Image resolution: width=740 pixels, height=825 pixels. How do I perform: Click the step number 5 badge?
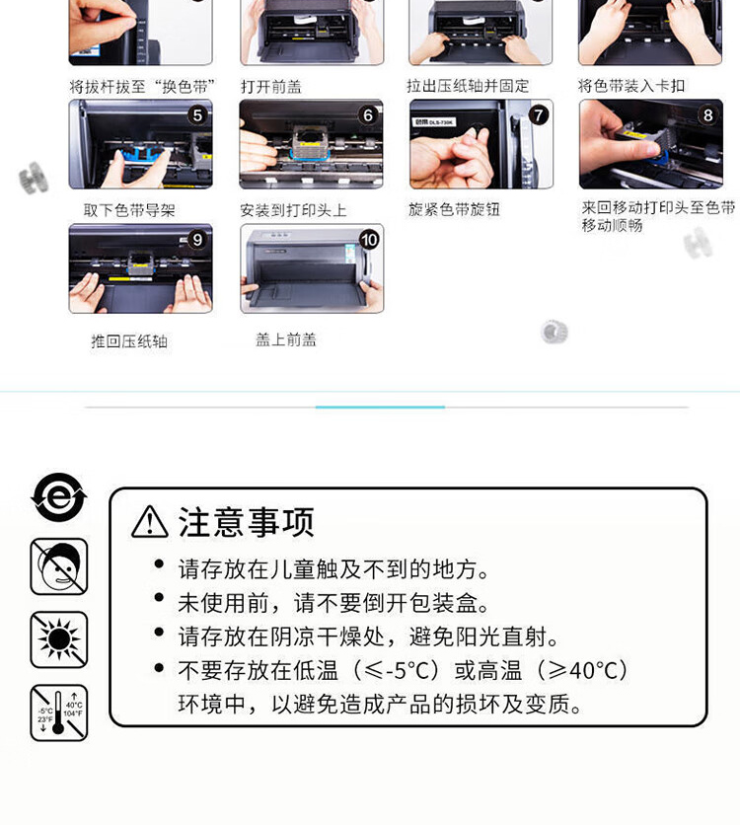(197, 115)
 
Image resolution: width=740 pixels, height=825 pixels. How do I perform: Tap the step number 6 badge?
(368, 115)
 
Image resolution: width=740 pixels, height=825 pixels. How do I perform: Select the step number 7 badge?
(539, 115)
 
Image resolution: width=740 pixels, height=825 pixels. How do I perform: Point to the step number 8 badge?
(707, 115)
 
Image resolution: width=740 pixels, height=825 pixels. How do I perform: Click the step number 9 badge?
(197, 240)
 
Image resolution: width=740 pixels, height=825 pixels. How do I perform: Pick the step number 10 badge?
(369, 240)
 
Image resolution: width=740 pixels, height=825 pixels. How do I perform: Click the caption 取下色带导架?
(129, 210)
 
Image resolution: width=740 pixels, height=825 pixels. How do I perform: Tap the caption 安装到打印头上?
(293, 210)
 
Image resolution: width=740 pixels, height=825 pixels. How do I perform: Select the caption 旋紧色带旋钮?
(455, 209)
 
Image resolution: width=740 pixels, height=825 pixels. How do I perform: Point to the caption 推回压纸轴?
(129, 341)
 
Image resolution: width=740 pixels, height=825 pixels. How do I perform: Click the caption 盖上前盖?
(286, 339)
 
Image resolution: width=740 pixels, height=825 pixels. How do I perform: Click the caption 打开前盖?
(271, 86)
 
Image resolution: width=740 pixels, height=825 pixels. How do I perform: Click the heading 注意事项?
(246, 522)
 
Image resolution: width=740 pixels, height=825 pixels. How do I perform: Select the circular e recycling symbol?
(59, 497)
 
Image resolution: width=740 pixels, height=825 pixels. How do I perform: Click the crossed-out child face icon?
(59, 566)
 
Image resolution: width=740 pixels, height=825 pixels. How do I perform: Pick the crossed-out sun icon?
(59, 639)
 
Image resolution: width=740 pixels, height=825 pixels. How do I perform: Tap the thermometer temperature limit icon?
(59, 712)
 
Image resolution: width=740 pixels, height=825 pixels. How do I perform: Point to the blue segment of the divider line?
(380, 407)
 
